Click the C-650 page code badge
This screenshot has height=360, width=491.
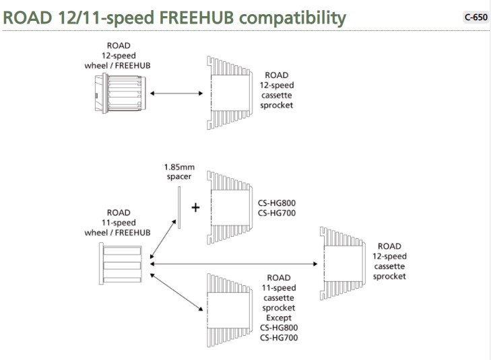[476, 17]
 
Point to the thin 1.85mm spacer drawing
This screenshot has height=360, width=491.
[180, 207]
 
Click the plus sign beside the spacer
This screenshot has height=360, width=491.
[196, 207]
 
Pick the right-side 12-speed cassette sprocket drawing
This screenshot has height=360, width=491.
[344, 263]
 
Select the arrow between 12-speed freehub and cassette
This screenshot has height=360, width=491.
[176, 93]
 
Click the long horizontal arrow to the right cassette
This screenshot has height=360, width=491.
[234, 264]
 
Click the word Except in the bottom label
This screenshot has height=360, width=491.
[278, 317]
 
